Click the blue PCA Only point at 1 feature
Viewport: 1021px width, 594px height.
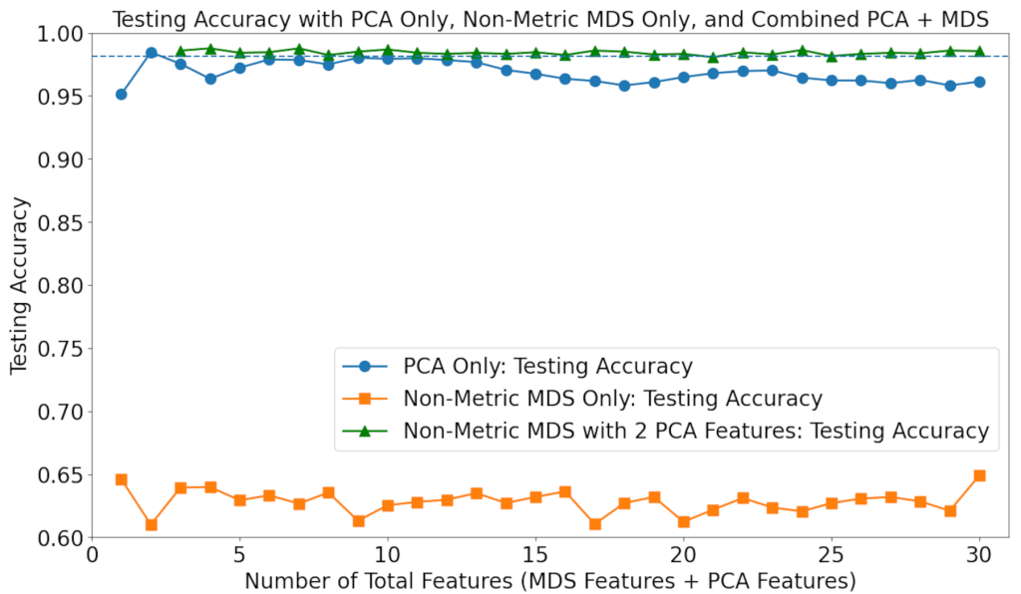click(122, 94)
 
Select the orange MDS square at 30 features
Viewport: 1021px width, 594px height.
click(979, 475)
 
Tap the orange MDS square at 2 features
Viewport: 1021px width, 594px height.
click(152, 524)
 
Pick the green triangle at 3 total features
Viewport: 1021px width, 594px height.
click(180, 51)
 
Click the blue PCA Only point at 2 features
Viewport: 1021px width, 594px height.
click(152, 53)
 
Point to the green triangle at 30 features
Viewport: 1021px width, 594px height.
click(979, 51)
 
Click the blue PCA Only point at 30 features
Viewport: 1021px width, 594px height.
click(979, 82)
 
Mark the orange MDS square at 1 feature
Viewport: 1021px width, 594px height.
click(122, 479)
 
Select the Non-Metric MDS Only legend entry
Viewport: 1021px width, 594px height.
click(612, 399)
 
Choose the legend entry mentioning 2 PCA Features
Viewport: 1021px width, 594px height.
click(695, 431)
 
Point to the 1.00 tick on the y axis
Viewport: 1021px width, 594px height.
click(62, 33)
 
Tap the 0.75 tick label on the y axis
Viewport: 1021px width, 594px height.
click(62, 349)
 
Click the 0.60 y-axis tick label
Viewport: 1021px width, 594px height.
click(62, 538)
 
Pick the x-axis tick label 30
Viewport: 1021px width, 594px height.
click(979, 554)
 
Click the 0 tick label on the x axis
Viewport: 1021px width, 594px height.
click(92, 554)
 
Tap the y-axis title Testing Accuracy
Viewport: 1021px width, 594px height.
click(20, 285)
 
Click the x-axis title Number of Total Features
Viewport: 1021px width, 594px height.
click(549, 579)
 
